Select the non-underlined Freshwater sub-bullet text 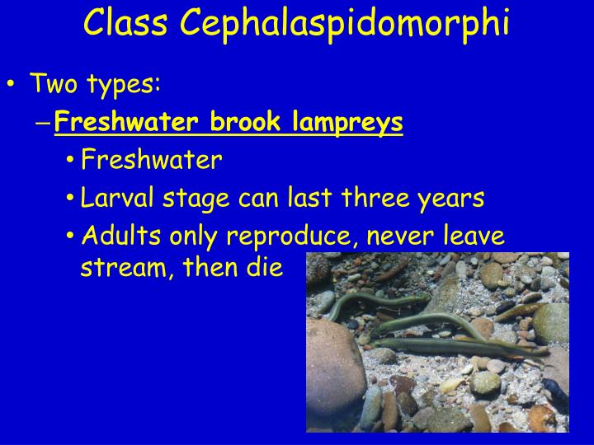152,160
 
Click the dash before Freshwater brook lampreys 44,124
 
